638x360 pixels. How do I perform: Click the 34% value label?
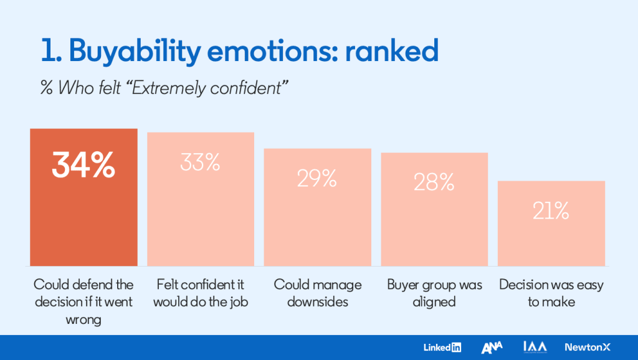tap(83, 166)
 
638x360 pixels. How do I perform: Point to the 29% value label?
tap(317, 178)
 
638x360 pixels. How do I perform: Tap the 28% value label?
tap(434, 182)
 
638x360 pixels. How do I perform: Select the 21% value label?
tap(551, 212)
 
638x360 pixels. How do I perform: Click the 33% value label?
tap(200, 162)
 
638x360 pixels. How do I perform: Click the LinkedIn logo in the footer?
tap(442, 348)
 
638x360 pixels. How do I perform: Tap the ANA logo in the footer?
tap(492, 348)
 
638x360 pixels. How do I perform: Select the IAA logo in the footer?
tap(535, 347)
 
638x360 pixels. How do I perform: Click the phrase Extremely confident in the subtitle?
tap(229, 88)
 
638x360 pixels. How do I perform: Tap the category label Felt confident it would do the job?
tap(200, 293)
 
